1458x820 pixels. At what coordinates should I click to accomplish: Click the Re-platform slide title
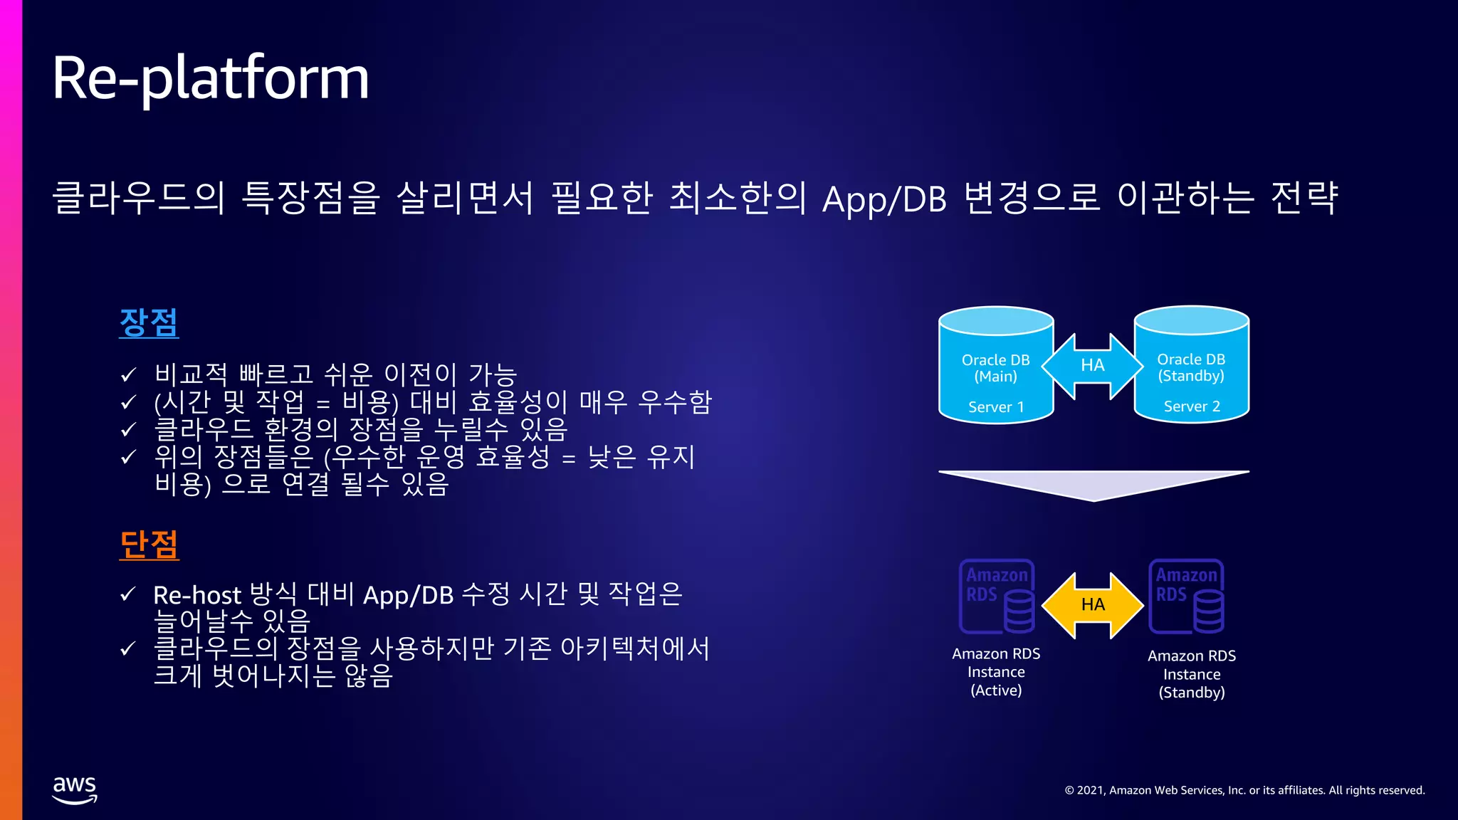tap(211, 78)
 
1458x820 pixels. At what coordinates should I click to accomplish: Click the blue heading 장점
tap(149, 322)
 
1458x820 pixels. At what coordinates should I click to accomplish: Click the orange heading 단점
tap(149, 545)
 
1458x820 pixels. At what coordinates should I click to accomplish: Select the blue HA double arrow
tap(1093, 366)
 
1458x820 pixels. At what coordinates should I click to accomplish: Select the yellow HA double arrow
tap(1093, 605)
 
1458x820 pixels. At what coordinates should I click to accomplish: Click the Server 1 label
tap(995, 407)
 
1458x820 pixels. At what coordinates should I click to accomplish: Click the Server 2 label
tap(1191, 406)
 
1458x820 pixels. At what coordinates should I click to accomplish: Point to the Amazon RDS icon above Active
tap(997, 596)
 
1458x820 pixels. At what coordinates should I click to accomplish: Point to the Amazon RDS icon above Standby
tap(1187, 596)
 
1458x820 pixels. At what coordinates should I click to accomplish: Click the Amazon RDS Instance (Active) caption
tap(996, 672)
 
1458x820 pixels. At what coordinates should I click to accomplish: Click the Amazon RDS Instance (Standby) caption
tap(1192, 674)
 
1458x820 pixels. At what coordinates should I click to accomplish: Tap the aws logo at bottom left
tap(75, 789)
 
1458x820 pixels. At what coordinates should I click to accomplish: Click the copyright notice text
tap(1244, 790)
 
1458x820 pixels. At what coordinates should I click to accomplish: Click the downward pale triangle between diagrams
tap(1093, 484)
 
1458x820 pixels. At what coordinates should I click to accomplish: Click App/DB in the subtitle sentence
tap(884, 199)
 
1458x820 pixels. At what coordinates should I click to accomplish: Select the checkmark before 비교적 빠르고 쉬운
tap(128, 374)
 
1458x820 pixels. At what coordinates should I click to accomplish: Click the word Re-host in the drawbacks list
tap(197, 595)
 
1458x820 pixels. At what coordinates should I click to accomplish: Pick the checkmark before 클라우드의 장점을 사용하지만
tap(128, 648)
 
